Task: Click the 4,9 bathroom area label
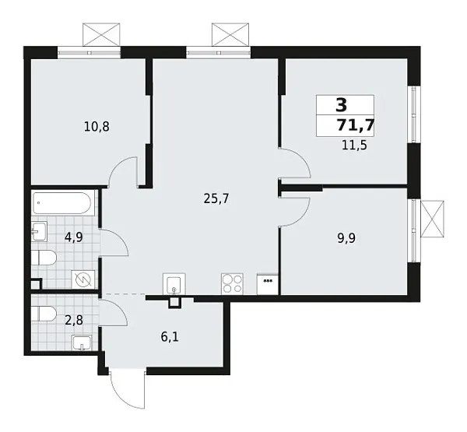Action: tap(75, 238)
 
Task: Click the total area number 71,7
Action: tap(354, 125)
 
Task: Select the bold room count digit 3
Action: tap(341, 105)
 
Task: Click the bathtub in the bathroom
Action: tap(65, 206)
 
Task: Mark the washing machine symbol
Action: tap(83, 279)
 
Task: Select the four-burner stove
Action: tap(232, 282)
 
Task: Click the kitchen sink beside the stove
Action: tap(174, 283)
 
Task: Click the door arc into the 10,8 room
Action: tap(123, 170)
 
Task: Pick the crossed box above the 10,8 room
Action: tap(103, 35)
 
